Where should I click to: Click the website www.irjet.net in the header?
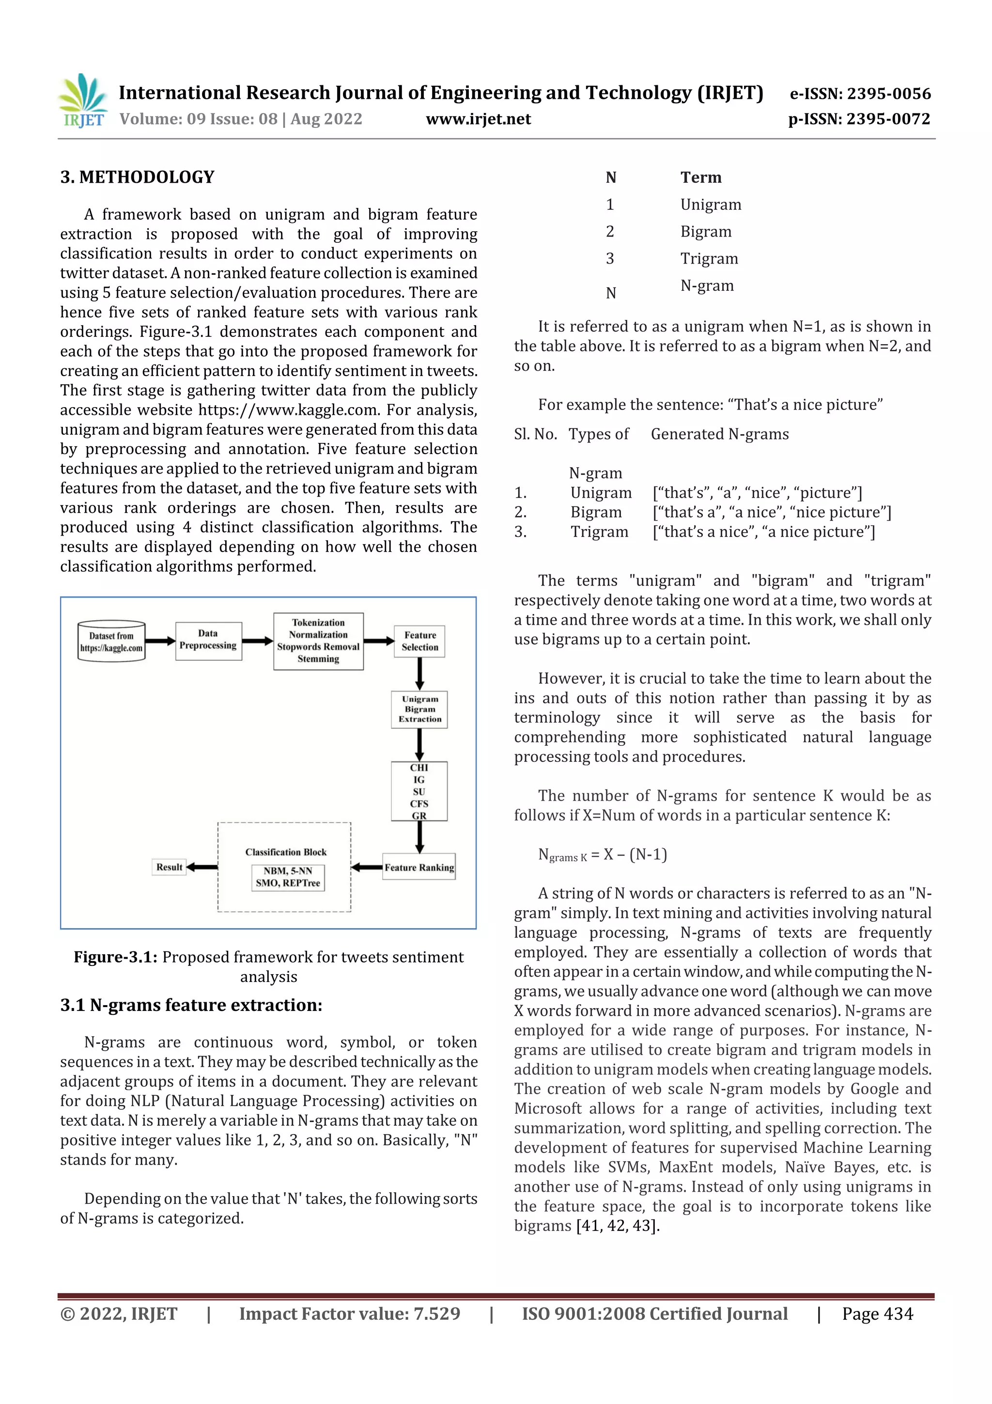[x=478, y=119]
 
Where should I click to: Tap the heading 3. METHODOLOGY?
[x=137, y=177]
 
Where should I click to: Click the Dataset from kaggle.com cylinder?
[x=111, y=642]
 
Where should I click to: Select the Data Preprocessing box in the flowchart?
[x=208, y=640]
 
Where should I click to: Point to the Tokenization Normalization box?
[x=318, y=641]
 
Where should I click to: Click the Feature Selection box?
[x=420, y=641]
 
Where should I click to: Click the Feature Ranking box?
[x=419, y=867]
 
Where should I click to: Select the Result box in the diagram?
[x=170, y=867]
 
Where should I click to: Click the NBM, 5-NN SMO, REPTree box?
[x=288, y=877]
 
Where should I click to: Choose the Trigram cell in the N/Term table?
[x=709, y=259]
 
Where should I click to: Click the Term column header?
[x=700, y=177]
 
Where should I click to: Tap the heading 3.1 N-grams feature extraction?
[x=191, y=1005]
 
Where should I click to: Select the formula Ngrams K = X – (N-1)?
[x=602, y=854]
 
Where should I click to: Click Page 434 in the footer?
[x=877, y=1314]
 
